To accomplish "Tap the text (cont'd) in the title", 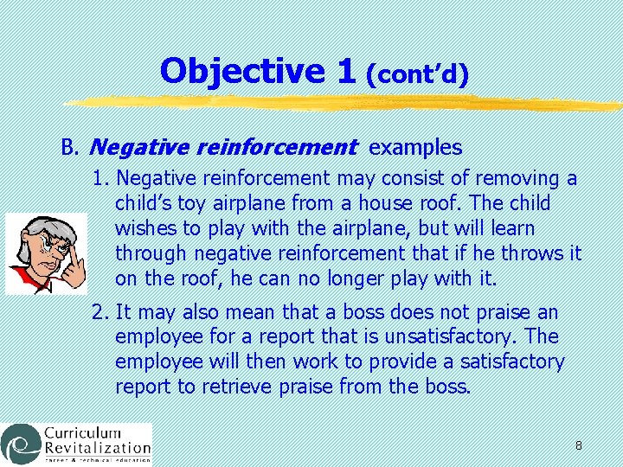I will pos(417,75).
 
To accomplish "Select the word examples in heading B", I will pos(415,148).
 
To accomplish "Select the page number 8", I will pos(578,446).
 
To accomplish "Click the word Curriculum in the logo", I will pos(81,432).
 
